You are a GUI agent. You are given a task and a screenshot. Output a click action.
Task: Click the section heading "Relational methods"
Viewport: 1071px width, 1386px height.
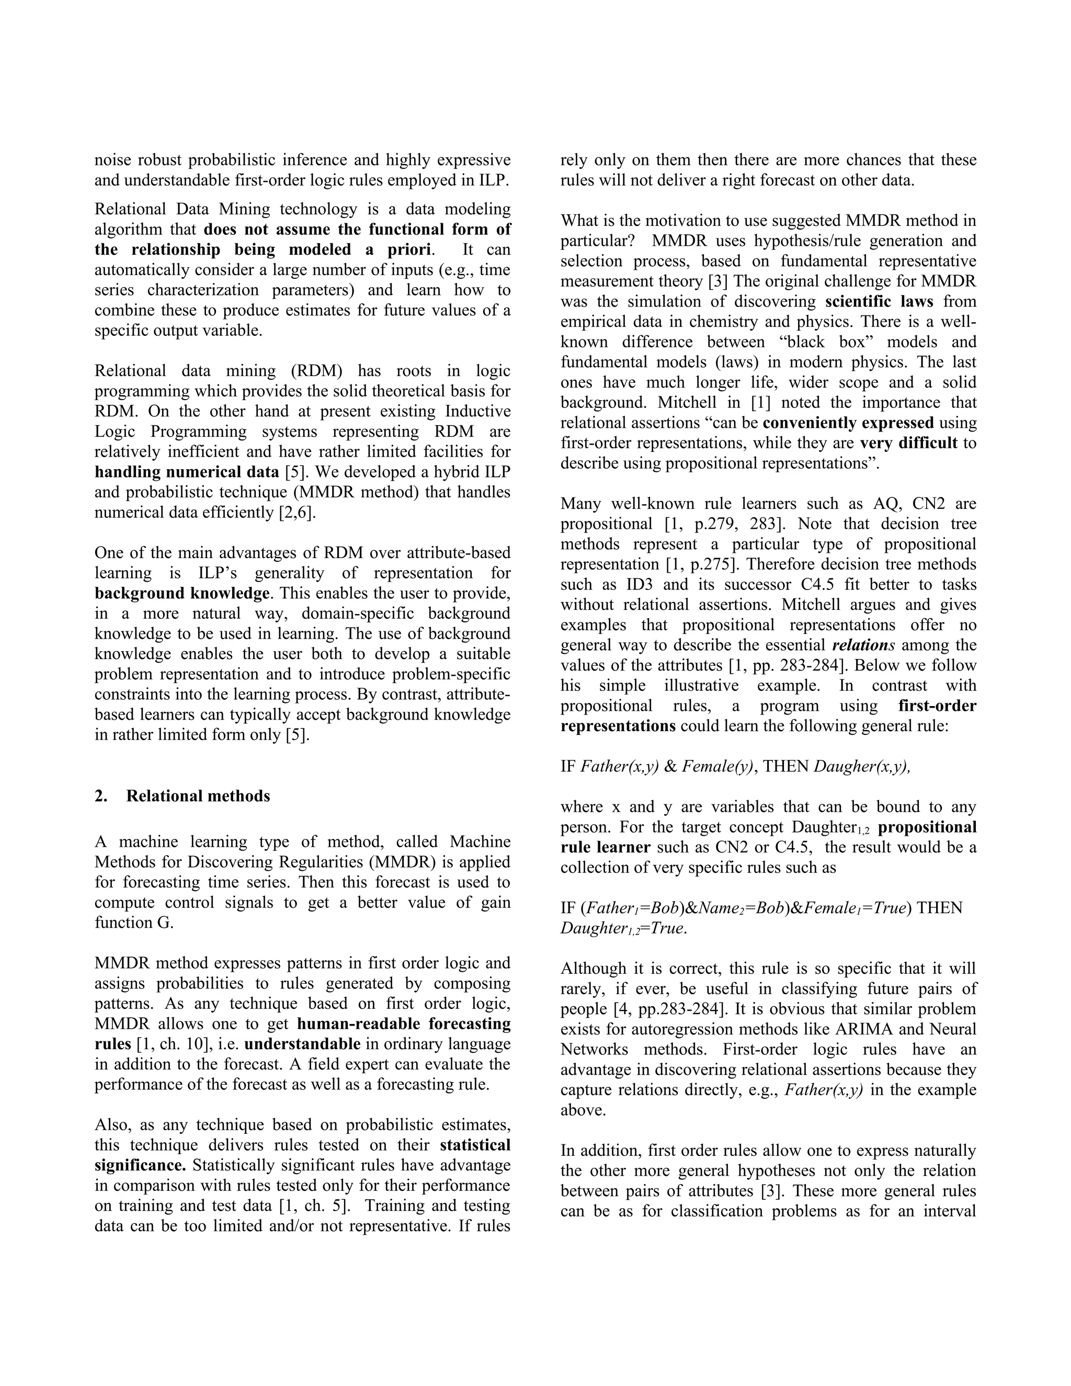click(x=198, y=796)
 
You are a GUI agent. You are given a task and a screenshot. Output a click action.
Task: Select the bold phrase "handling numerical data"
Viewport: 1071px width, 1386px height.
click(x=187, y=472)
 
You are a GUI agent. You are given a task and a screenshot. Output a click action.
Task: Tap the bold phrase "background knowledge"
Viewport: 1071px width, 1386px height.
click(x=182, y=594)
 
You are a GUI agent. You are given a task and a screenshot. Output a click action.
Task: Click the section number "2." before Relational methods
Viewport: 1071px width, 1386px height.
click(x=101, y=796)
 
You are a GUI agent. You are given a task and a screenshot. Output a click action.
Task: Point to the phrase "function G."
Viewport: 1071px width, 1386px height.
click(x=134, y=923)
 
